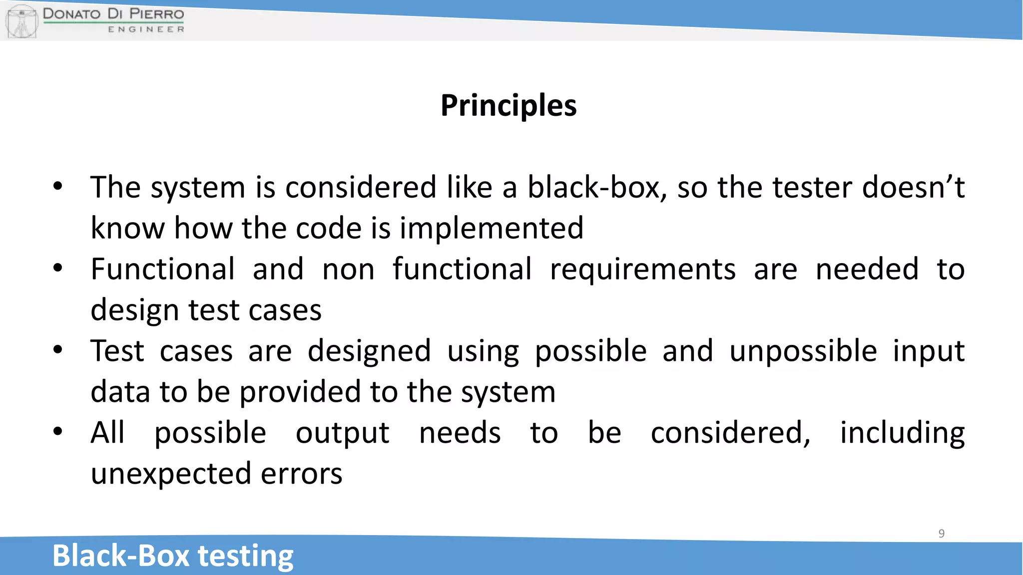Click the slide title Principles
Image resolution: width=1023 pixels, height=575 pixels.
(x=509, y=106)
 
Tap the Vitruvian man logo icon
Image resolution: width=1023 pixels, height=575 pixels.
(x=21, y=21)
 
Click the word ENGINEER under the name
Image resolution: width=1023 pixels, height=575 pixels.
(x=146, y=29)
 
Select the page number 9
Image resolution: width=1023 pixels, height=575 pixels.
(x=941, y=534)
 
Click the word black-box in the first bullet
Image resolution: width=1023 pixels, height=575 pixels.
(x=597, y=188)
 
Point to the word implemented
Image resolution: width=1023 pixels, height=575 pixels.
(x=492, y=229)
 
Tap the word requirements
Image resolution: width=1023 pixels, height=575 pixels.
(x=642, y=270)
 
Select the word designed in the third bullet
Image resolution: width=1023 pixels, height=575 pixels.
(x=369, y=351)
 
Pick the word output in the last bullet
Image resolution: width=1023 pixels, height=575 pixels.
(x=342, y=433)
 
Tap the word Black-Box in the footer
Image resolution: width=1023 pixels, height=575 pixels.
(x=121, y=556)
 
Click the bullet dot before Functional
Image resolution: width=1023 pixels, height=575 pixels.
(x=58, y=268)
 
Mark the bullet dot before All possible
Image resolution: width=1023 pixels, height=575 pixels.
(x=58, y=431)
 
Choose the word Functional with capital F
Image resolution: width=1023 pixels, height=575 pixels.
(x=162, y=270)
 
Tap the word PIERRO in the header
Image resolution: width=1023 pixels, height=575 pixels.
(x=157, y=13)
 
